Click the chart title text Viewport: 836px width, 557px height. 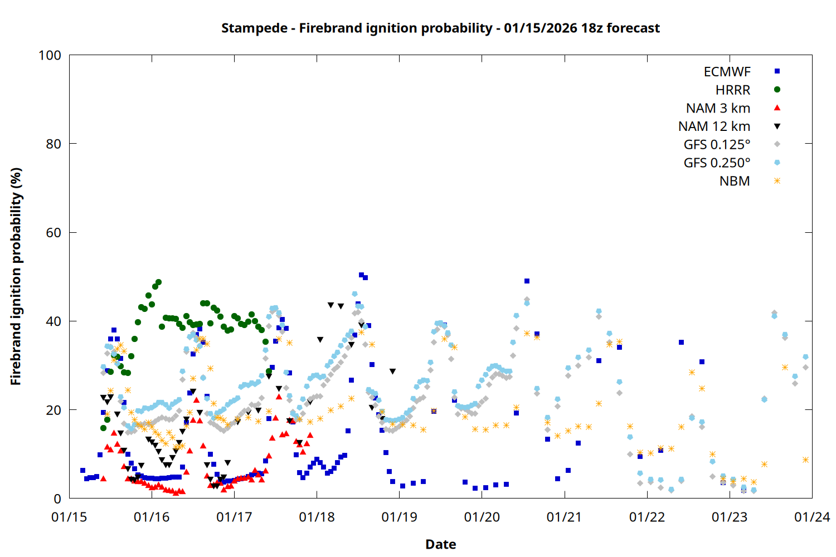[440, 28]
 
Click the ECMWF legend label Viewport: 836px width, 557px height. [727, 72]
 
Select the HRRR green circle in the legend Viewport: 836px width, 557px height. [777, 90]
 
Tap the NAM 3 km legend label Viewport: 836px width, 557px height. [718, 108]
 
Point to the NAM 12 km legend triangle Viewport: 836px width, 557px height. [777, 126]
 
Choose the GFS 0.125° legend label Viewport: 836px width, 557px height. [717, 145]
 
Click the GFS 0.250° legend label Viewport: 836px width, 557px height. [717, 163]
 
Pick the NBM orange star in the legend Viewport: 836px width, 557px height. [777, 181]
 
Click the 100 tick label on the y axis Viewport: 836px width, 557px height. [50, 55]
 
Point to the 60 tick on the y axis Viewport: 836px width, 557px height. [54, 232]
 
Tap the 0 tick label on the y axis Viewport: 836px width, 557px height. [57, 499]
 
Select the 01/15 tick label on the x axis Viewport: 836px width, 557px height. [69, 517]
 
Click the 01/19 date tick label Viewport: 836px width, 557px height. [399, 517]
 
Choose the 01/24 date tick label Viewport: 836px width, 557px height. [811, 517]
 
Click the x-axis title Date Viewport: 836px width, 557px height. [440, 544]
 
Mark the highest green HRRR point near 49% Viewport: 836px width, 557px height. [158, 282]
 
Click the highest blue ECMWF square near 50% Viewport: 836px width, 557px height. [361, 275]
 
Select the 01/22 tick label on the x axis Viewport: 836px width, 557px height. [647, 517]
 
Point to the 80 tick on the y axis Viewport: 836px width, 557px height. [54, 144]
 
